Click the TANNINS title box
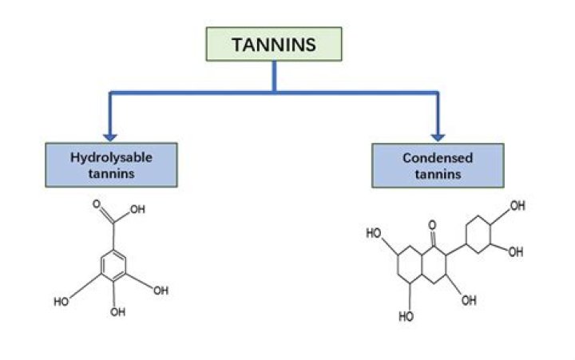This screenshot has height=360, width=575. (x=274, y=45)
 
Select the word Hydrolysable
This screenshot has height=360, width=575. (x=111, y=158)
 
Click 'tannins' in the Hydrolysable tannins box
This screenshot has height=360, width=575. (x=111, y=173)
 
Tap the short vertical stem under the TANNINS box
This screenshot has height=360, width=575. (x=274, y=77)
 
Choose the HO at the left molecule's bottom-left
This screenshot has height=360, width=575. (x=61, y=302)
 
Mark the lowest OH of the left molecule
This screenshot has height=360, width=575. (x=117, y=311)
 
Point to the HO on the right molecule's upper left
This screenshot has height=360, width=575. (x=374, y=233)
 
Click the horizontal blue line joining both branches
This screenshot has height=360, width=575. (x=274, y=93)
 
